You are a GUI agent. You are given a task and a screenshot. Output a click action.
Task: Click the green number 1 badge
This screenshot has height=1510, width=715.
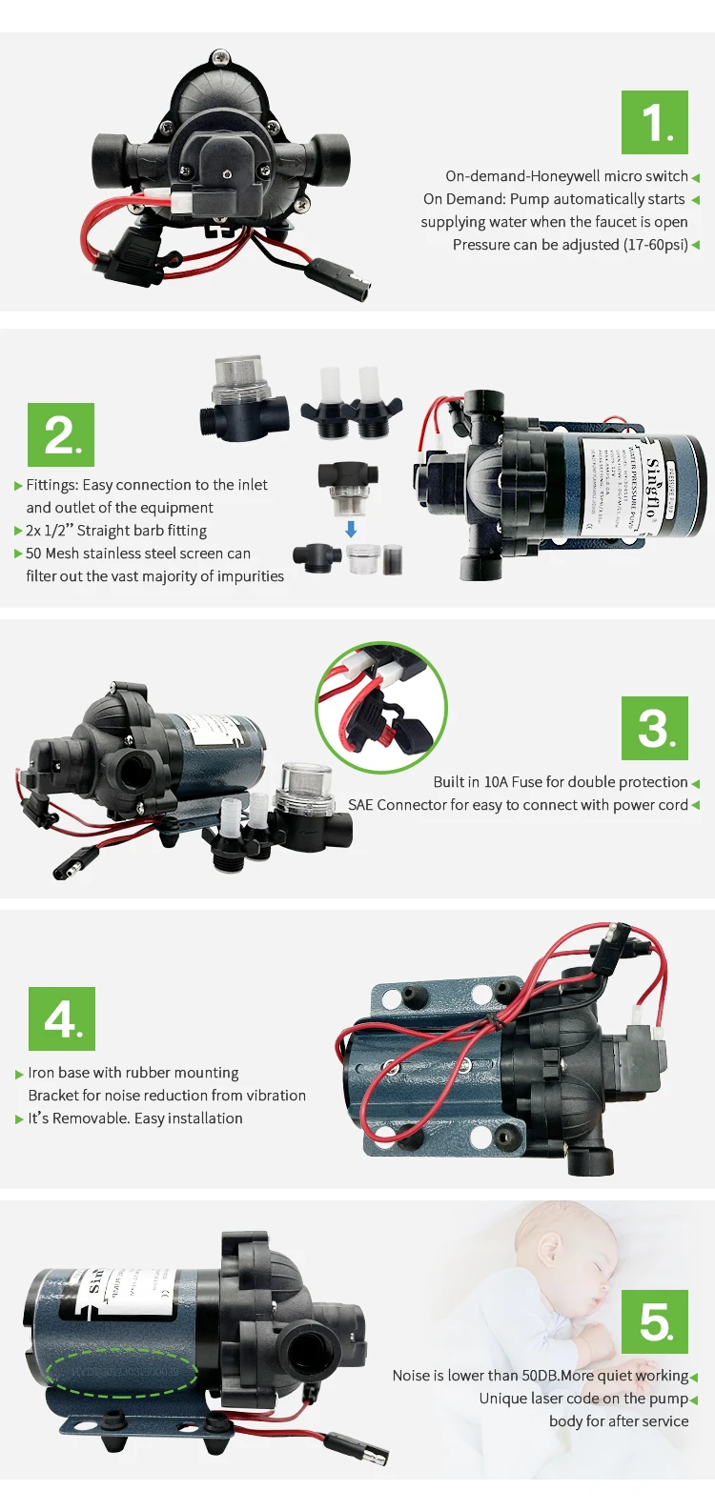coord(654,123)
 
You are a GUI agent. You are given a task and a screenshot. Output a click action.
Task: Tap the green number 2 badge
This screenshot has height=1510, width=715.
coord(61,435)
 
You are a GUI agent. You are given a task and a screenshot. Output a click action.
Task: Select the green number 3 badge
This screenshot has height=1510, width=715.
coord(654,728)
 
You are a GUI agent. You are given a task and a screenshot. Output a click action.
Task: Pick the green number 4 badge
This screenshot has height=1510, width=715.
coord(62,1018)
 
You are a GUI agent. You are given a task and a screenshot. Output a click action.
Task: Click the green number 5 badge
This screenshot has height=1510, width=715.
coord(654,1321)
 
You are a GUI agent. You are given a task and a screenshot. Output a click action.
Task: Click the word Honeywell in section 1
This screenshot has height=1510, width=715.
coord(566,176)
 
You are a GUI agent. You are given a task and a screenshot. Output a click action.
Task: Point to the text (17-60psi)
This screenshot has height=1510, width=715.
coord(656,245)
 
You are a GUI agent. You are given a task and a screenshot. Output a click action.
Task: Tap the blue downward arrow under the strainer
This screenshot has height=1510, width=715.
coord(351,529)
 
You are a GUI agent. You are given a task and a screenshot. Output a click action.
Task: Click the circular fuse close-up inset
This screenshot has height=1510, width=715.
coord(381,707)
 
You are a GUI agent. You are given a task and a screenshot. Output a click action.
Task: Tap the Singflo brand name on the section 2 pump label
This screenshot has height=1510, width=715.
coord(652,487)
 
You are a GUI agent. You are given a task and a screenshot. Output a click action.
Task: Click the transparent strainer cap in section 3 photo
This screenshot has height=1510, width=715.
coord(306,784)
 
